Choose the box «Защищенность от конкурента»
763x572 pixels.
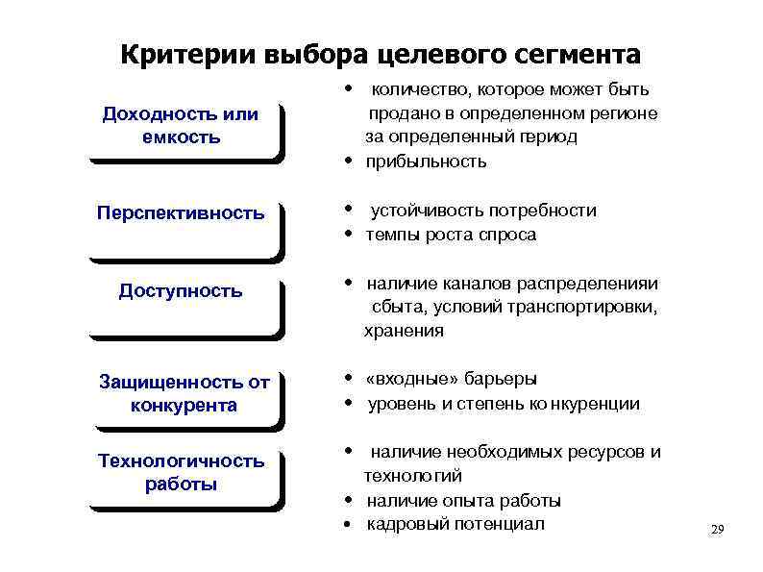pos(184,393)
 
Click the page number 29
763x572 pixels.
pos(716,530)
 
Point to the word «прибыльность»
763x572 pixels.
pos(426,162)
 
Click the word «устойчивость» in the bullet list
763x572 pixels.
pos(429,211)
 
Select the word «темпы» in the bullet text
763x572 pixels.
pos(393,235)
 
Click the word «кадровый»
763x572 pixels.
pos(405,524)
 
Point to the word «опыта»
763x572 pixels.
pos(467,500)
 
